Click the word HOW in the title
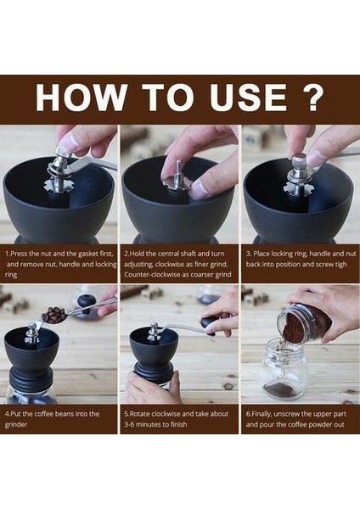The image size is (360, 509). (x=81, y=98)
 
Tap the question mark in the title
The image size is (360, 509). (x=312, y=98)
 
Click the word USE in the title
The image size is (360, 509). (x=248, y=98)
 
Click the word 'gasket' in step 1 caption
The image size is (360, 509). (x=90, y=254)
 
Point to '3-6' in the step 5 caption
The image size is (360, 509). (x=129, y=425)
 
